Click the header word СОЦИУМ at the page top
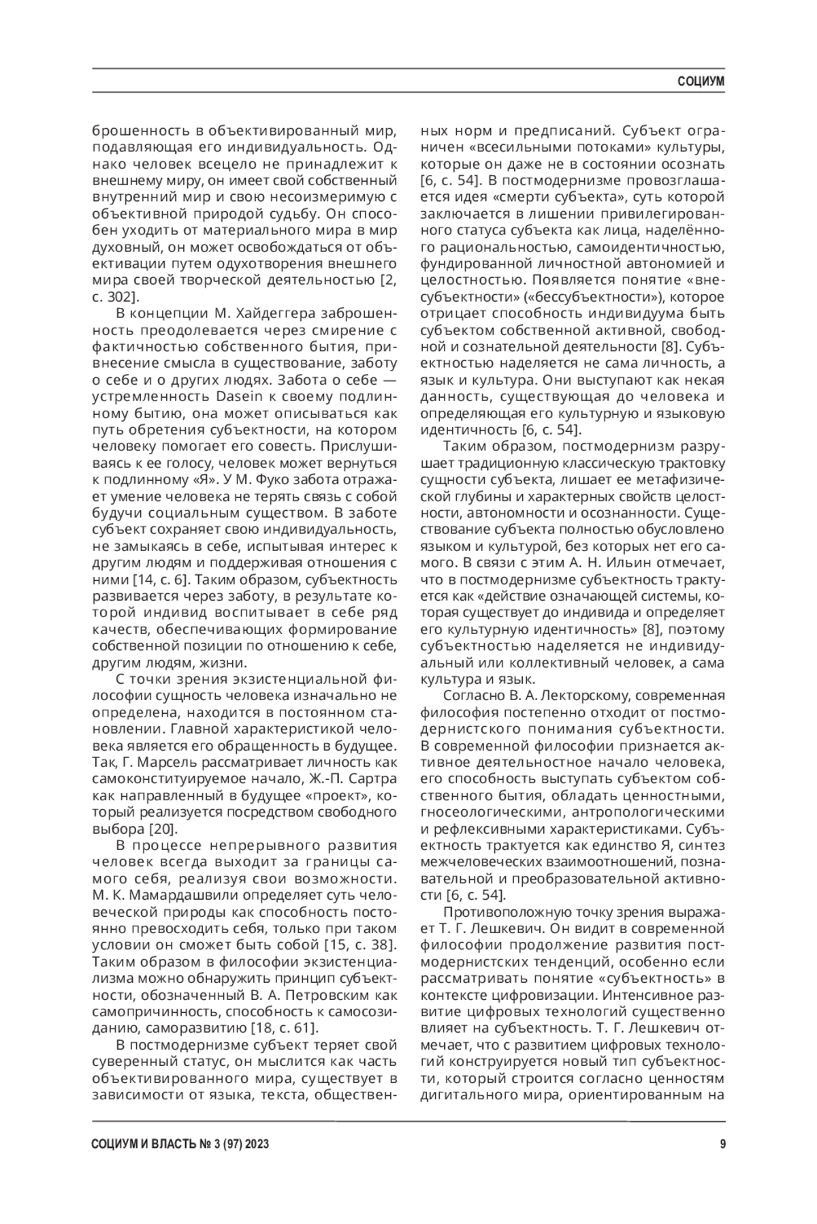click(701, 82)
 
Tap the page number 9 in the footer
click(722, 1144)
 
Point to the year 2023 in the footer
click(255, 1144)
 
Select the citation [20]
click(163, 829)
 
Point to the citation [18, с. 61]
click(285, 1028)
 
